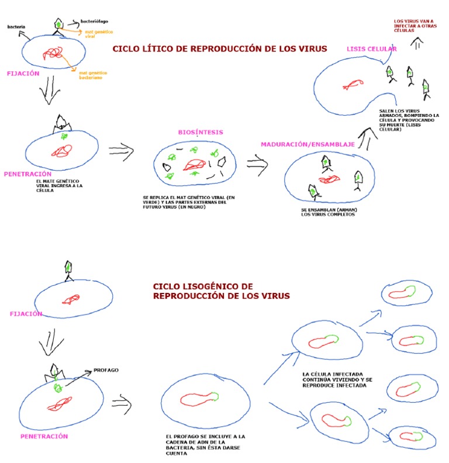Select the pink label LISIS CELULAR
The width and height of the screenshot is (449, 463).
click(x=372, y=49)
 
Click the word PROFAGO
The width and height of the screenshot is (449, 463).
click(x=106, y=370)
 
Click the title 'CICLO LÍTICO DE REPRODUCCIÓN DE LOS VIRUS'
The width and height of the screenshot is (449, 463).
click(x=219, y=49)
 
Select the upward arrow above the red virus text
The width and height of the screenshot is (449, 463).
click(x=419, y=43)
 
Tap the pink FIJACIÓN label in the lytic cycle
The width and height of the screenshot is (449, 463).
click(x=23, y=74)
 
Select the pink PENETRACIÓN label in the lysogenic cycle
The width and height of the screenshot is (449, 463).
click(x=44, y=436)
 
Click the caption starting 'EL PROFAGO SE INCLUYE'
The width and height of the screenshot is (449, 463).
click(x=205, y=445)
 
